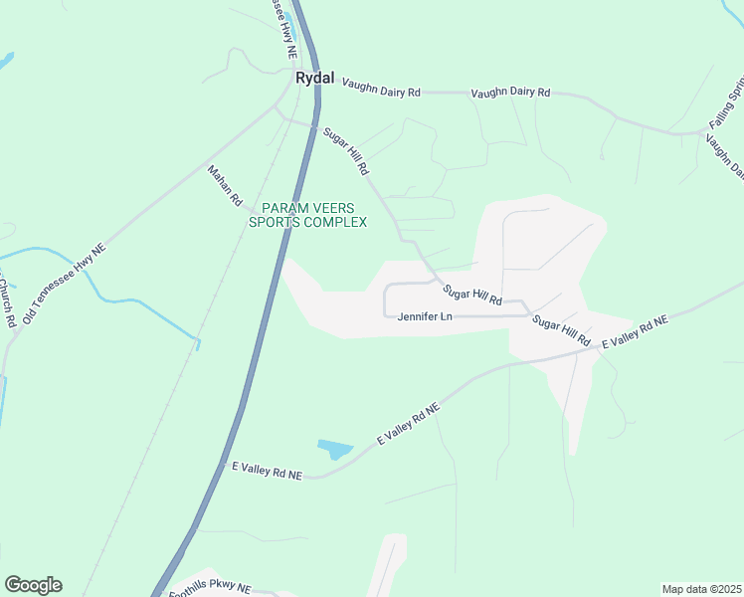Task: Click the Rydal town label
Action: (x=315, y=77)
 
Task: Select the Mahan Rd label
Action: (x=225, y=186)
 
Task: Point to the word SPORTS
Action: (x=276, y=222)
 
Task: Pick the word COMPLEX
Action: (x=335, y=222)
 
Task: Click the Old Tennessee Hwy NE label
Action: (x=64, y=283)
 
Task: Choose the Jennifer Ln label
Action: (x=425, y=317)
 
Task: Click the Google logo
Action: (x=33, y=585)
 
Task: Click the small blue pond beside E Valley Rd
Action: (x=334, y=450)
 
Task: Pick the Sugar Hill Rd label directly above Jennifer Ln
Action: (x=472, y=295)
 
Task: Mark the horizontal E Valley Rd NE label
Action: (x=267, y=471)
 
